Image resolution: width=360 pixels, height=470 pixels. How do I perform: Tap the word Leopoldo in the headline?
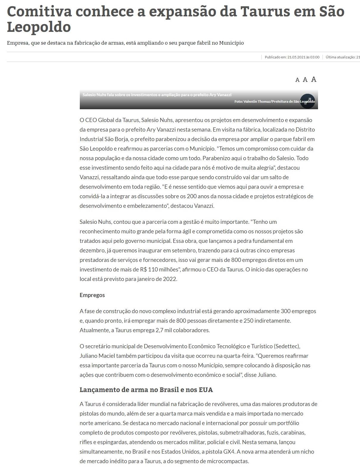coord(39,27)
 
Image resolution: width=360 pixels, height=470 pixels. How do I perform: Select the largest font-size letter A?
coord(314,79)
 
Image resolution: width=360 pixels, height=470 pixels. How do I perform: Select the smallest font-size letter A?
coord(297,80)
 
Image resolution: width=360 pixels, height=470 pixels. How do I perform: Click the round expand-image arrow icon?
coord(307,101)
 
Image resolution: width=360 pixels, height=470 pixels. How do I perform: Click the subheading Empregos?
coord(92,295)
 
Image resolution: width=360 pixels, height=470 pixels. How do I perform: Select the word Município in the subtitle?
coord(231,43)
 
